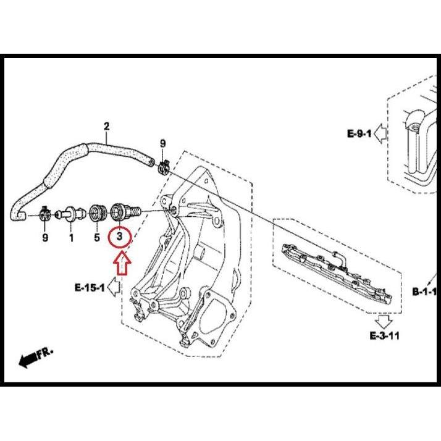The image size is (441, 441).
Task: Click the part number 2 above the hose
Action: pyautogui.click(x=106, y=127)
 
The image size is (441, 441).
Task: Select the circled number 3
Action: pyautogui.click(x=120, y=237)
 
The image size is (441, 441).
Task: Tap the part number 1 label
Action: pyautogui.click(x=71, y=237)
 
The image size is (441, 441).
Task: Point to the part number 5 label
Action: pyautogui.click(x=97, y=237)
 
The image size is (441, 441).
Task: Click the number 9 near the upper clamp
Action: pyautogui.click(x=162, y=144)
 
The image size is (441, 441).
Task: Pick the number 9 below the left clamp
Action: pyautogui.click(x=44, y=237)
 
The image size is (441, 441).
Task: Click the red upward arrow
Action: pyautogui.click(x=122, y=263)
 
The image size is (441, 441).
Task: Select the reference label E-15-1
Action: pyautogui.click(x=90, y=287)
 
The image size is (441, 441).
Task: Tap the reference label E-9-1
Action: pyautogui.click(x=359, y=133)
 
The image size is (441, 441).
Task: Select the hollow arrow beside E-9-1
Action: pyautogui.click(x=380, y=133)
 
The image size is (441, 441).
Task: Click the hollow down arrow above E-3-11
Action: pyautogui.click(x=383, y=321)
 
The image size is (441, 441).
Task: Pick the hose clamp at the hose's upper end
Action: pyautogui.click(x=164, y=166)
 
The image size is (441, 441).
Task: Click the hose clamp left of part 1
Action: pyautogui.click(x=44, y=214)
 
